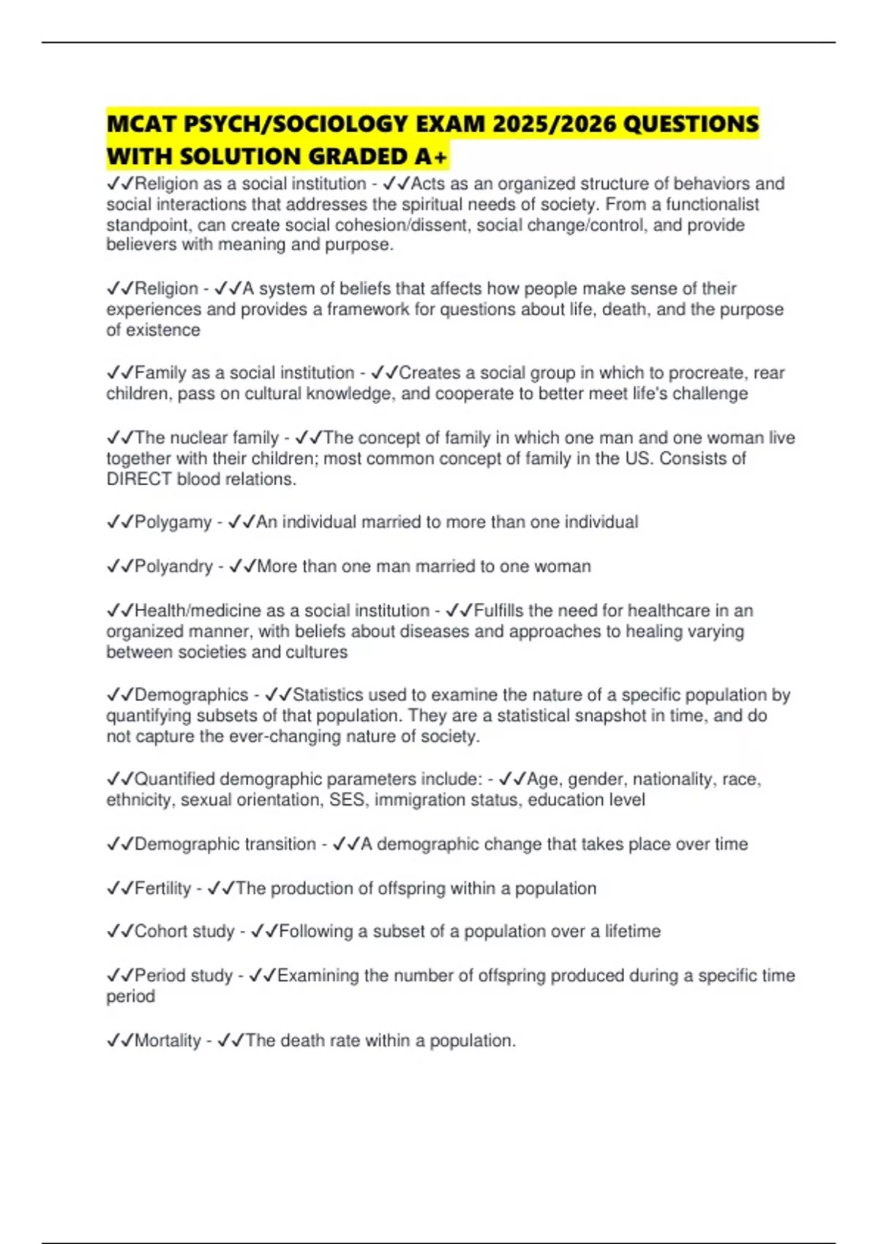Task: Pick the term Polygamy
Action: [x=173, y=522]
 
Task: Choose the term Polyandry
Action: [x=174, y=566]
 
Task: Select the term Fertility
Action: [x=162, y=888]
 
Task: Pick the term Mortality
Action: [x=168, y=1041]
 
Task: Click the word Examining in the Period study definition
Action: [x=318, y=975]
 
